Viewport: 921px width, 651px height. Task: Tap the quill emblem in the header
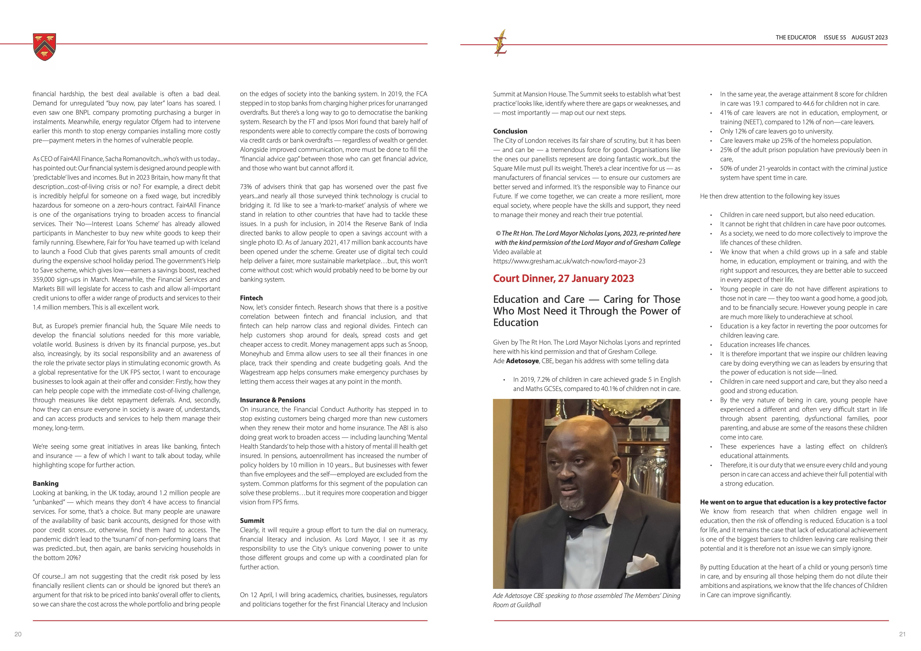tap(501, 43)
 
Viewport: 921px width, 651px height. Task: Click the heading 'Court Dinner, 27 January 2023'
tap(563, 279)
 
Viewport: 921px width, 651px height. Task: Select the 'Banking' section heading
tap(45, 483)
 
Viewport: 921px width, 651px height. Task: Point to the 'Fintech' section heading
tap(251, 298)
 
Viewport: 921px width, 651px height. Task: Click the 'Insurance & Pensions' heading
tap(272, 400)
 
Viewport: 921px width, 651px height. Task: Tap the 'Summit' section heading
tap(252, 521)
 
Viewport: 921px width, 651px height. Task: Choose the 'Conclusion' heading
tap(510, 131)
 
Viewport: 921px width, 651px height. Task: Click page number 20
tap(18, 634)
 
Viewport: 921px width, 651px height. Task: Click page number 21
tap(902, 634)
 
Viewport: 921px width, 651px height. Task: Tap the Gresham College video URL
tap(569, 261)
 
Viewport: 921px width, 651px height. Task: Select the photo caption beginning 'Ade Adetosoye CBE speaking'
tap(586, 600)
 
